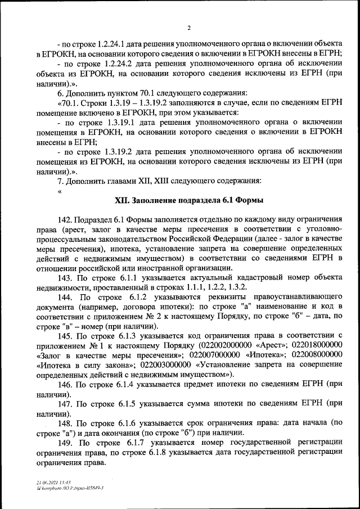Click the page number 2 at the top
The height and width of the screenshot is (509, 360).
click(x=189, y=28)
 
